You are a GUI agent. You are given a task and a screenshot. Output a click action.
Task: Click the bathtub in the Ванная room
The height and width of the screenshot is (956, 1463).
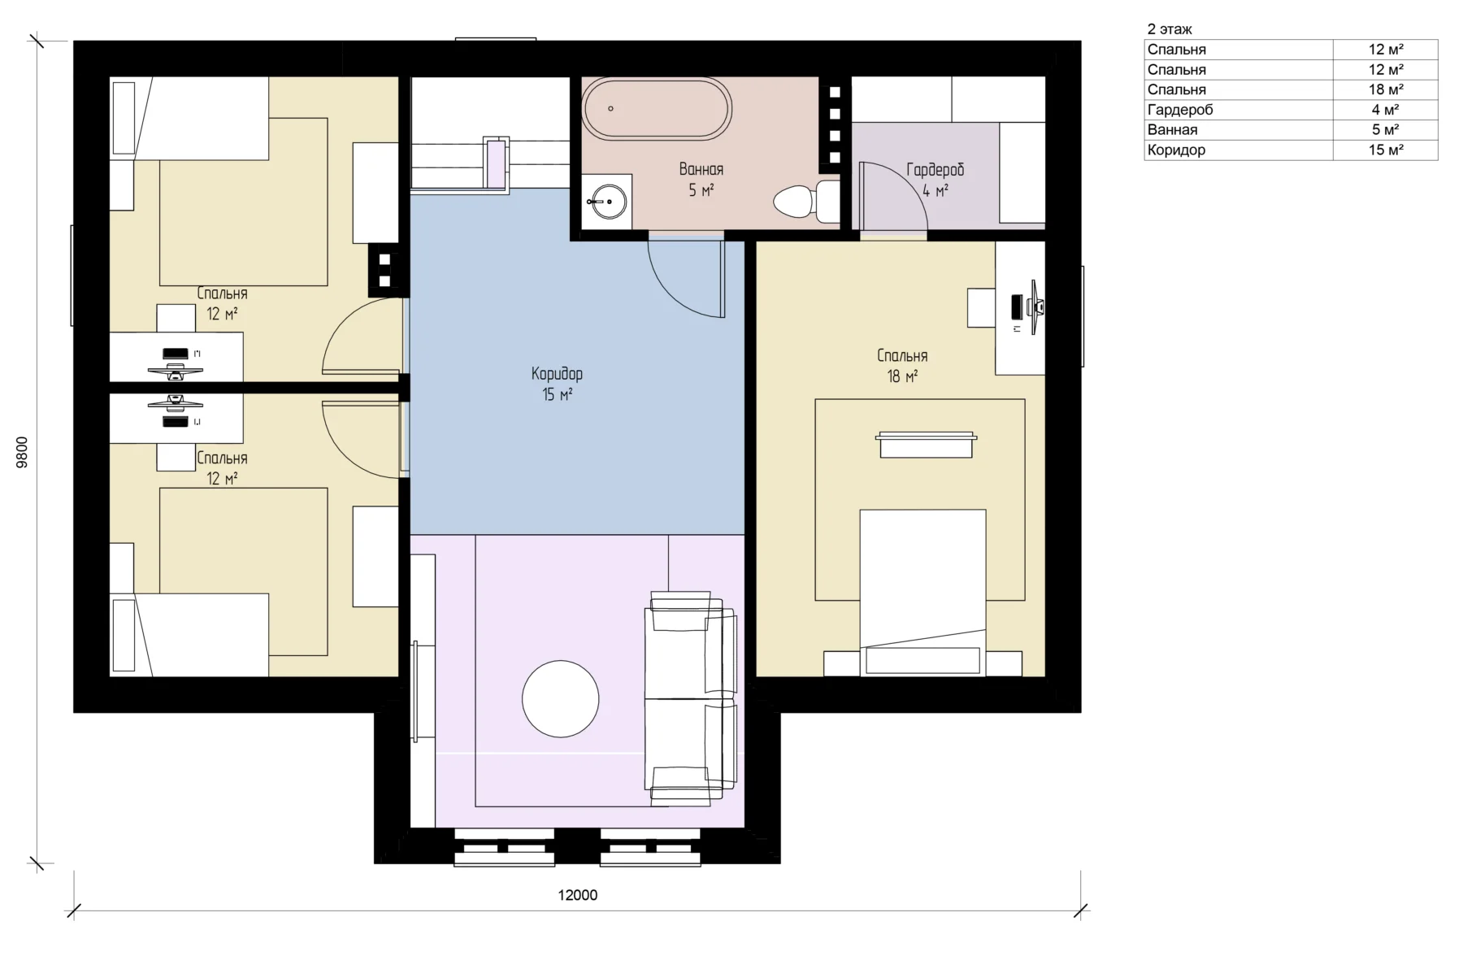[x=658, y=108]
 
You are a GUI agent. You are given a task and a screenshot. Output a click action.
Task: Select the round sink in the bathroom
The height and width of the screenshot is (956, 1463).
[x=607, y=200]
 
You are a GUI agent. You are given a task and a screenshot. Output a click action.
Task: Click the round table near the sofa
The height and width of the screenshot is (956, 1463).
[x=560, y=698]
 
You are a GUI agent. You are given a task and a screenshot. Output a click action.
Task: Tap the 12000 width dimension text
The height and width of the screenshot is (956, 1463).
[x=577, y=895]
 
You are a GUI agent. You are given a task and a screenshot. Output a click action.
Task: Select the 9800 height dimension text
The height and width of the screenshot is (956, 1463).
[x=23, y=452]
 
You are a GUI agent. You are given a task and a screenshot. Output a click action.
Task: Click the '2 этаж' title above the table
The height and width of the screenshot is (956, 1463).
[x=1170, y=29]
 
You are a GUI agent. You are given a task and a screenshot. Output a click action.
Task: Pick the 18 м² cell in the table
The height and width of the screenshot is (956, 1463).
[x=1386, y=89]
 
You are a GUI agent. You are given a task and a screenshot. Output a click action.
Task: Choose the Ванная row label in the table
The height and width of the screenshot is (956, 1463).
[x=1172, y=129]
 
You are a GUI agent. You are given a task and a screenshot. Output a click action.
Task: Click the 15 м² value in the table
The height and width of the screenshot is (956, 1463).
[x=1386, y=150]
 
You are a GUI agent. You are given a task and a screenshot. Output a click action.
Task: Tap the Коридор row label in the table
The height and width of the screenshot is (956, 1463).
[x=1176, y=150]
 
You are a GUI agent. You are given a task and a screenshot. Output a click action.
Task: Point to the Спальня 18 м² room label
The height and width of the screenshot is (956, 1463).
[x=902, y=366]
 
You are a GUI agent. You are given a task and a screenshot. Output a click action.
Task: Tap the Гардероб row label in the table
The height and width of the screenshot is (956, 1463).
[x=1179, y=110]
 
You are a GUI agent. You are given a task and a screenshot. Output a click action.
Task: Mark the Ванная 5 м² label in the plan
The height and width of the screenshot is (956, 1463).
[x=701, y=180]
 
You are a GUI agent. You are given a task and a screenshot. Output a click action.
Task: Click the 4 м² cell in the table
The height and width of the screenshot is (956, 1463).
[x=1386, y=110]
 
